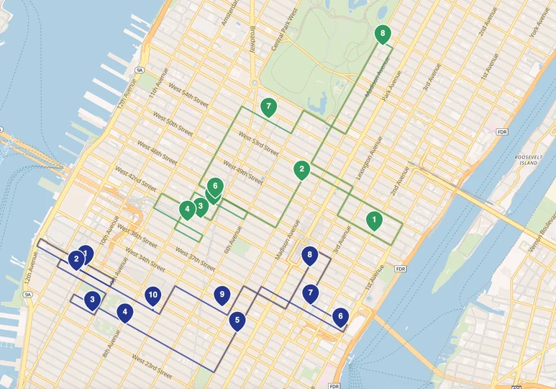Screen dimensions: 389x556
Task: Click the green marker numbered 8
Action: (x=382, y=33)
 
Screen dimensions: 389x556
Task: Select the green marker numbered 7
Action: (x=268, y=107)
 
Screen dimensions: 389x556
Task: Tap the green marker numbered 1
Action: (x=374, y=220)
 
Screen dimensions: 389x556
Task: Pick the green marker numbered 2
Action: (x=302, y=171)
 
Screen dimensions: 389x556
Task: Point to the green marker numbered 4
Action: (x=187, y=210)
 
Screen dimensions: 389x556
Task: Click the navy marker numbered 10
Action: (x=152, y=295)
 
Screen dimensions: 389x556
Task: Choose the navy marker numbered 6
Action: (x=340, y=316)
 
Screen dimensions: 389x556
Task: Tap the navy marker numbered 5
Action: (x=237, y=321)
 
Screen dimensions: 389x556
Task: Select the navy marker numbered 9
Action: (x=222, y=294)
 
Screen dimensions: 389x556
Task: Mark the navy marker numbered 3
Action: (x=92, y=300)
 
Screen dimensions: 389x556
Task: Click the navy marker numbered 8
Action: (x=310, y=255)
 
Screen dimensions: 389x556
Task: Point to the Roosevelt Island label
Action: (x=531, y=160)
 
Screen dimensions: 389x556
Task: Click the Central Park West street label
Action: (x=284, y=37)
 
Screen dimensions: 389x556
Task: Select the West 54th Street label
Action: (x=186, y=99)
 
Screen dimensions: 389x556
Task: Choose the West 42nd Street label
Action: (x=135, y=177)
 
